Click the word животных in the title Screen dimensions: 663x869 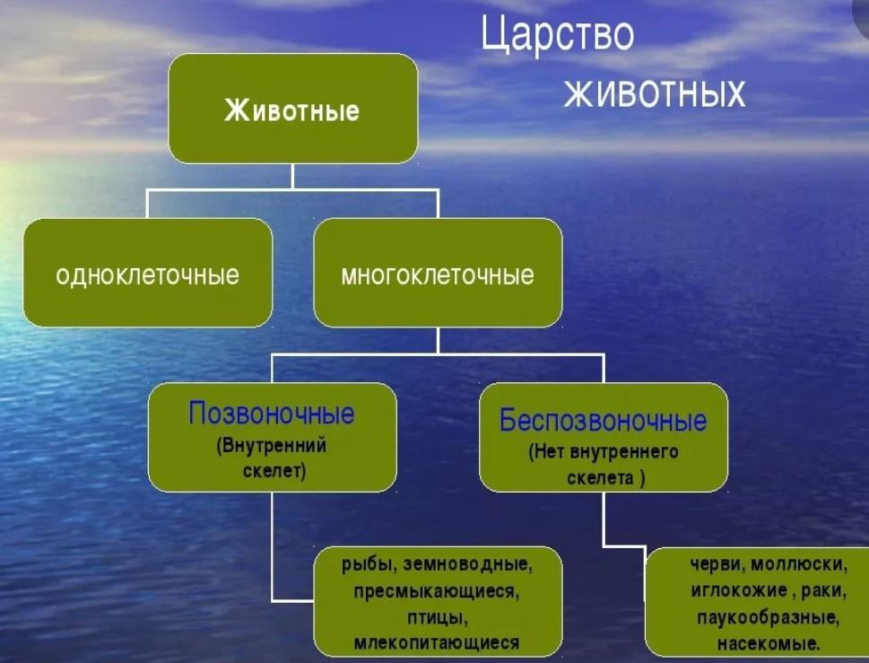[x=654, y=92]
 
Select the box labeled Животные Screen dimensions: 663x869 [x=292, y=109]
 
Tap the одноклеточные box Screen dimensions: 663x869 [x=148, y=275]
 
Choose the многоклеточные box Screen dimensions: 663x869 [x=438, y=275]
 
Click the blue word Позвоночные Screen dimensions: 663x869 [x=272, y=414]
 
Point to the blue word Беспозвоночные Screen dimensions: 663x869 [x=604, y=420]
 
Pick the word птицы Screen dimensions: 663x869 [x=438, y=617]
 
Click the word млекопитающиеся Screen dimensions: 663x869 [x=437, y=642]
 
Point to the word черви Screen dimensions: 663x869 [x=716, y=565]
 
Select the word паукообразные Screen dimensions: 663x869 [x=767, y=617]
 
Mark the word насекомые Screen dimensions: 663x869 [x=768, y=643]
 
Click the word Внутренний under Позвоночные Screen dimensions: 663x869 [x=272, y=446]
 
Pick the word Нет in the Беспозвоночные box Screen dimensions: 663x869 [x=549, y=452]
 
